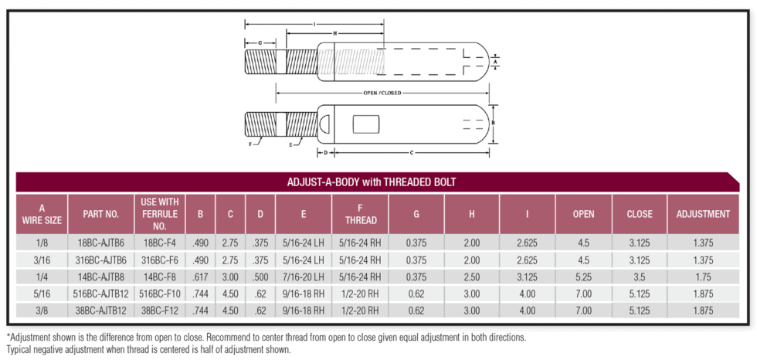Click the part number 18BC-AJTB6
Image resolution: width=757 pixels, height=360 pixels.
tap(101, 242)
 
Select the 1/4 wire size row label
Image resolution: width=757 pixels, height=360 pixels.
tap(42, 276)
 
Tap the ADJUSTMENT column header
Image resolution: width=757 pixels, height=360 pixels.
tap(702, 214)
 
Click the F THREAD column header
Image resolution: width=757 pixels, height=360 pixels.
tap(360, 214)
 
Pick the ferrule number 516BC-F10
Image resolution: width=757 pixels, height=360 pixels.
tap(160, 294)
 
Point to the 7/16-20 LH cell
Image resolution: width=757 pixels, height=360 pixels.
tap(304, 276)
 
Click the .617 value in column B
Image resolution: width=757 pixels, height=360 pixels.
tap(200, 276)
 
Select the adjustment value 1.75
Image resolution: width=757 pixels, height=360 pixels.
tap(702, 276)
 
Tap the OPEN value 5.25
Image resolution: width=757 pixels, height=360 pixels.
tap(583, 276)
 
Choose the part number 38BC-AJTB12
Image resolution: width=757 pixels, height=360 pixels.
tap(101, 311)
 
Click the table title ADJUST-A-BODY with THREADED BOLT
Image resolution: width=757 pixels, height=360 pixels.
tap(372, 182)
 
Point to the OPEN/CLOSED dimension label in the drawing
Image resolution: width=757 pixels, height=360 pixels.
tap(382, 93)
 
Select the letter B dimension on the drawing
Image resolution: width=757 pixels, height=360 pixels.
tap(494, 123)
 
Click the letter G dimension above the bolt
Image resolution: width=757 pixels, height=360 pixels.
tap(260, 42)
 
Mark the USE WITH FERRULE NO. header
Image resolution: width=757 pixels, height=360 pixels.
tap(160, 214)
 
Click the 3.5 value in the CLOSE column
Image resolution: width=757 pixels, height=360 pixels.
tap(640, 276)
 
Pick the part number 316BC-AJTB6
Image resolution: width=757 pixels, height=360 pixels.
tap(101, 259)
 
